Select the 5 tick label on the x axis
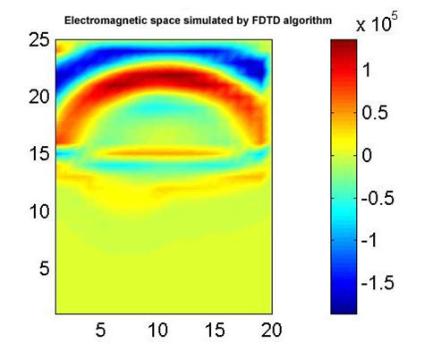click(101, 330)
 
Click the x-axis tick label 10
click(157, 330)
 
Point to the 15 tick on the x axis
click(215, 330)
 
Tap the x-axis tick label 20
click(270, 330)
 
